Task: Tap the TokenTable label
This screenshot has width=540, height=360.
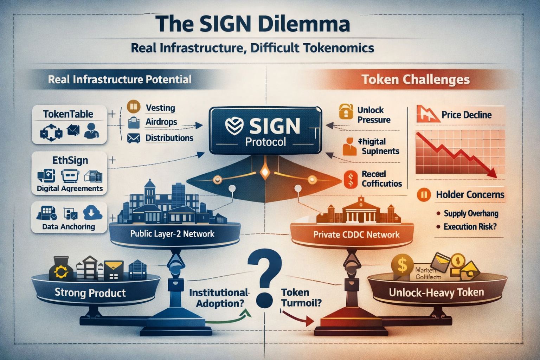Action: (68, 114)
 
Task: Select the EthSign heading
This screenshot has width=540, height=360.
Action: (70, 160)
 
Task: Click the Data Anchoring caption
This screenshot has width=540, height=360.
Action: (69, 227)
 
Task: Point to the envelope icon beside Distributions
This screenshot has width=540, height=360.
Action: (134, 138)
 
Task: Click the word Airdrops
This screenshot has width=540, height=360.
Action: (161, 122)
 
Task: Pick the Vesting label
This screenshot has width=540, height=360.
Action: (160, 108)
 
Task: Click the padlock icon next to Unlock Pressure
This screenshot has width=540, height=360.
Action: (346, 111)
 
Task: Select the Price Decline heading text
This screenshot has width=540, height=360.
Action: (467, 115)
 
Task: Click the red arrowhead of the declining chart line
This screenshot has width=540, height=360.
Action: (493, 173)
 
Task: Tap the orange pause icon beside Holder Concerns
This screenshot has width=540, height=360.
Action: (424, 194)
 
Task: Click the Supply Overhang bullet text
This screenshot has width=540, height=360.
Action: (471, 213)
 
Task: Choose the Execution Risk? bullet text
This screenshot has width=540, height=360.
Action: (470, 227)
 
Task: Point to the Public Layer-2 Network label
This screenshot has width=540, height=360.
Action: (172, 234)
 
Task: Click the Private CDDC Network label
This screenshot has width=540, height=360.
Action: (356, 234)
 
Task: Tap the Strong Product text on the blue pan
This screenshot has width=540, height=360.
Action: (90, 292)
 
